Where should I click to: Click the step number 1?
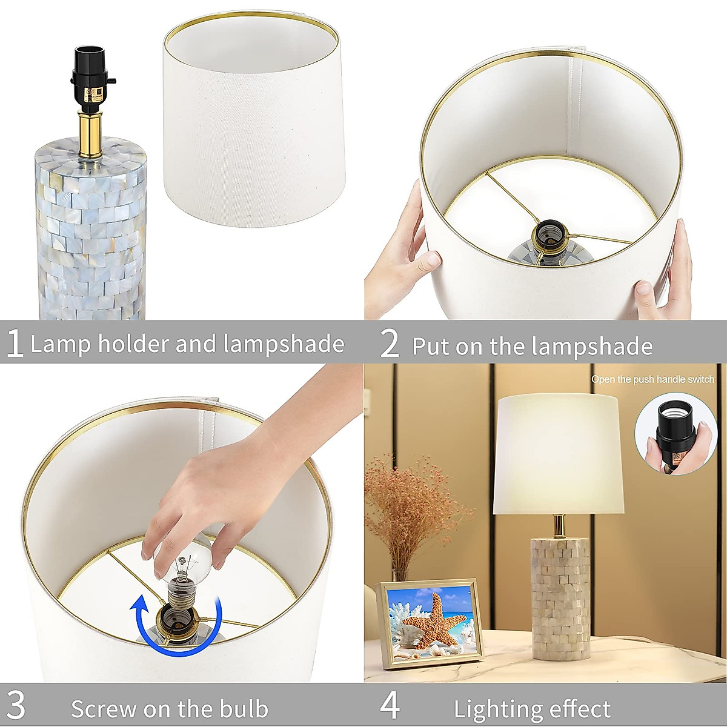pos(14,343)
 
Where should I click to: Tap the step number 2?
pos(390,344)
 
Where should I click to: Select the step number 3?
pos(16,706)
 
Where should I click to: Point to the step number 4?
pos(390,706)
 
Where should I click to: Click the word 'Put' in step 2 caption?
pos(431,346)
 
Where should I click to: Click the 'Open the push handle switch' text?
pos(652,380)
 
